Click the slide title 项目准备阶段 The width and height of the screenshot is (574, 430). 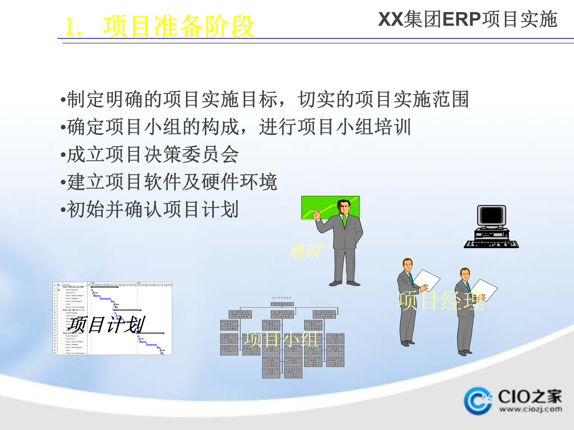(x=178, y=26)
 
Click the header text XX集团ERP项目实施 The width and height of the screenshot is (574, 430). (x=468, y=19)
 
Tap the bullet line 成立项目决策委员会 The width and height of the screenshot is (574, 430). (x=153, y=155)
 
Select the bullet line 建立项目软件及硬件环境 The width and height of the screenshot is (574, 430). (x=172, y=182)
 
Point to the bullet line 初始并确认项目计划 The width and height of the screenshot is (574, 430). (x=152, y=210)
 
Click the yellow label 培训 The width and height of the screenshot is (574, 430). (x=305, y=251)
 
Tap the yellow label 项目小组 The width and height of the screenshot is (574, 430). (x=281, y=339)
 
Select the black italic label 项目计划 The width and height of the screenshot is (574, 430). (x=108, y=325)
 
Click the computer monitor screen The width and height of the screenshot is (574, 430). (x=491, y=215)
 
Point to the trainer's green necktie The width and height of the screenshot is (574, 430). (x=345, y=221)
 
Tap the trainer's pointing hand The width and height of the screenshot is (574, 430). (x=316, y=214)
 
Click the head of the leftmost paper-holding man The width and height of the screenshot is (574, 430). (x=407, y=264)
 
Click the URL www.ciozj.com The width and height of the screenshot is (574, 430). (x=530, y=409)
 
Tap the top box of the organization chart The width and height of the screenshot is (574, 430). (x=282, y=304)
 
